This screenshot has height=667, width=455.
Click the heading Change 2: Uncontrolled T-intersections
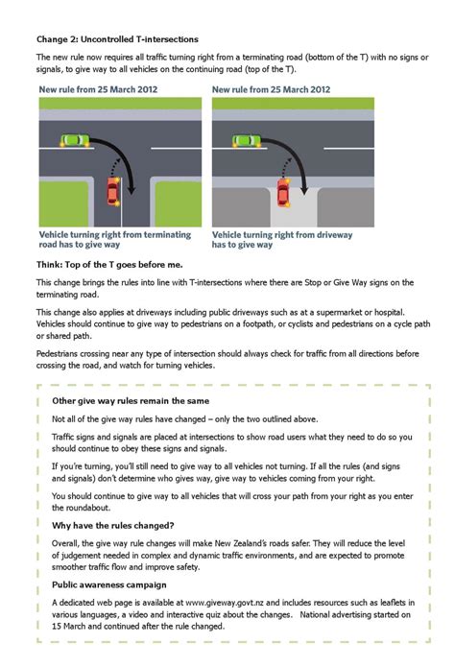117,39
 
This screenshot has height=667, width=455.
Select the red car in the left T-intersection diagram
112,191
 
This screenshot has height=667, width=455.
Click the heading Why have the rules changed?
113,525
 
